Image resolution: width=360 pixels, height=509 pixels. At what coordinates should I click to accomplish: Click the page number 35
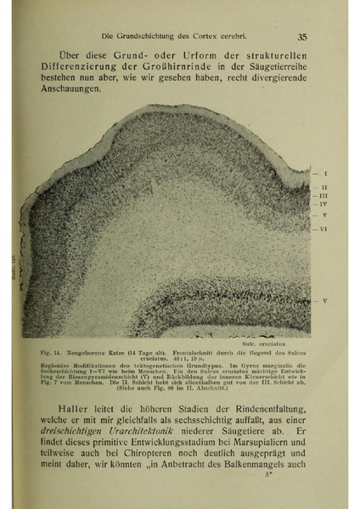(302, 36)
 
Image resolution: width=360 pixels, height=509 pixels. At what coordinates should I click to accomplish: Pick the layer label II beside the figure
(325, 187)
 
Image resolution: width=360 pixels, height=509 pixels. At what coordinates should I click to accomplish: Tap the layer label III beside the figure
(325, 195)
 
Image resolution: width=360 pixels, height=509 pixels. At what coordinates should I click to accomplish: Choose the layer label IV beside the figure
(325, 204)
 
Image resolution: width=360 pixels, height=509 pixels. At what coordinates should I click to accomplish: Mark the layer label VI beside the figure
(325, 230)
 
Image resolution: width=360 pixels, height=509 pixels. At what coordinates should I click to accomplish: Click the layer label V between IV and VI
(325, 216)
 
